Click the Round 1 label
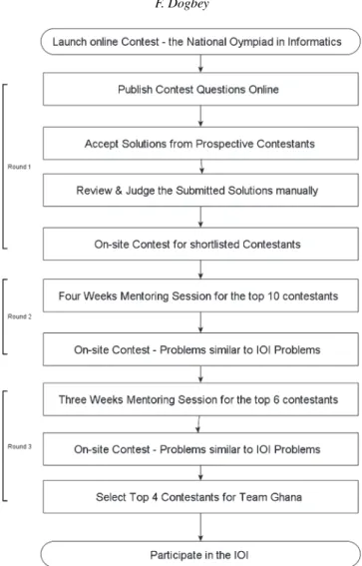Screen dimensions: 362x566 point(19,167)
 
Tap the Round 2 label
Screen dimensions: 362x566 point(20,316)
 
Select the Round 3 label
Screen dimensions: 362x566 point(20,446)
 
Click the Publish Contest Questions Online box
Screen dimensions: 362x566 point(200,89)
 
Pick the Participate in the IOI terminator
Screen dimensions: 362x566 point(200,553)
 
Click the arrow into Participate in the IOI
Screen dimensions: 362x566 point(200,527)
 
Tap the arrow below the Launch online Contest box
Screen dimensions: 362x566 point(200,64)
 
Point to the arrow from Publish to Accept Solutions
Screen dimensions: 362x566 point(200,116)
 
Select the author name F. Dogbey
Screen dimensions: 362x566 point(182,4)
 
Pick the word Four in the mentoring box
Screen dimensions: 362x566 point(69,296)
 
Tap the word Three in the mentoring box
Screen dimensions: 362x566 point(73,399)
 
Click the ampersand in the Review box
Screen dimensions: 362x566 point(119,191)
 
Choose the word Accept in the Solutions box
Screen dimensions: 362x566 point(102,144)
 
